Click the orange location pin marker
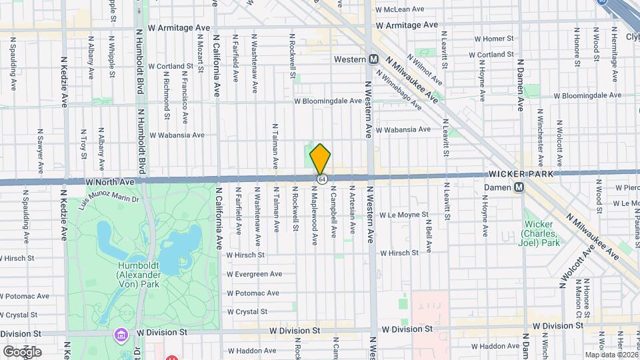coord(321,159)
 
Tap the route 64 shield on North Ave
coord(322,180)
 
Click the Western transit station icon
coord(375,59)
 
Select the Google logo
coord(22,351)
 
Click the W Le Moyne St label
coord(403,215)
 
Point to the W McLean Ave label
coord(400,10)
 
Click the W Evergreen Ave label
coord(254,274)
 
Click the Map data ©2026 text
coord(612,355)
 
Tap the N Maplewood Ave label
coord(313,215)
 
